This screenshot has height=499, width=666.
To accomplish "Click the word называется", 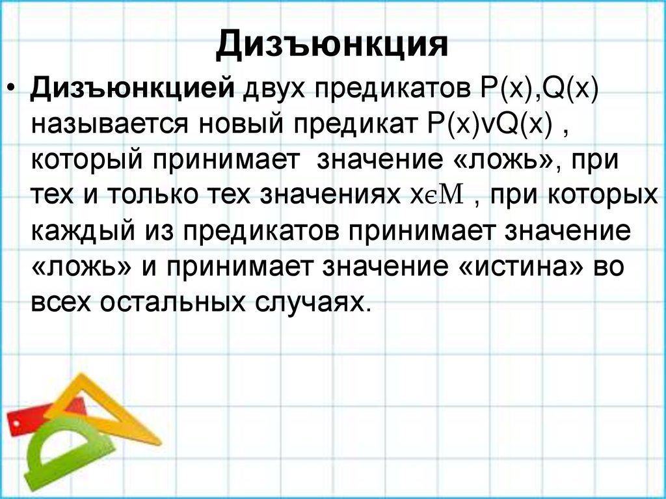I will [108, 125].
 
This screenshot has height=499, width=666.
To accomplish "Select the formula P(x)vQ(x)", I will [486, 125].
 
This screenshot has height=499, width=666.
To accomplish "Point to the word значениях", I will [331, 196].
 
